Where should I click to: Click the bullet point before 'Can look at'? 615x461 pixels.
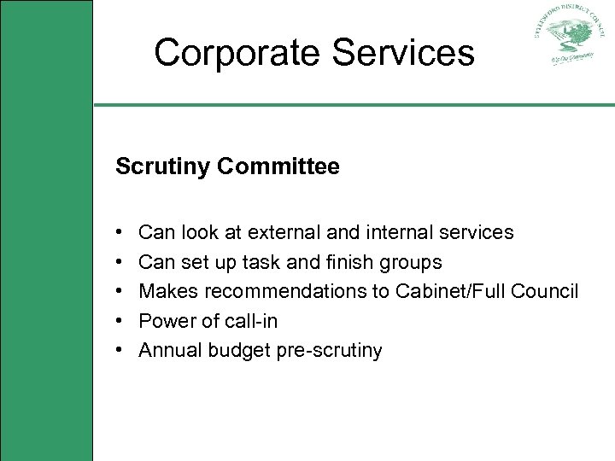click(120, 232)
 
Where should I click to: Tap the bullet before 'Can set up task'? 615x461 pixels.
click(120, 262)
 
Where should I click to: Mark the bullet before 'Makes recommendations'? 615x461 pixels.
click(120, 292)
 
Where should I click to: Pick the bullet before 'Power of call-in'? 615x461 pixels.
click(120, 321)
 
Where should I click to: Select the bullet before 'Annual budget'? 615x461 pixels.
click(120, 351)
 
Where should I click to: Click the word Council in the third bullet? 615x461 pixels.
click(545, 292)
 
